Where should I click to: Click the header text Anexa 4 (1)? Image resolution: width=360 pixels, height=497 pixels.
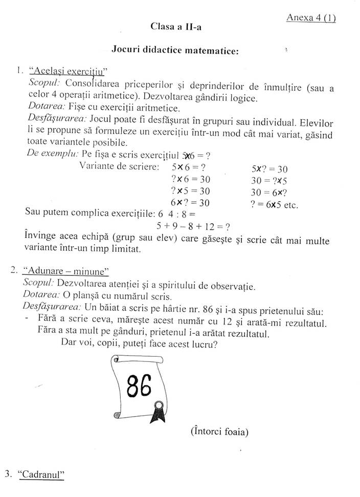tap(311, 17)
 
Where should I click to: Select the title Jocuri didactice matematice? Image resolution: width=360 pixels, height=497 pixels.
tap(175, 50)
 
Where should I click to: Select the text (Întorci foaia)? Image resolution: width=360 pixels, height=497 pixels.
tap(219, 431)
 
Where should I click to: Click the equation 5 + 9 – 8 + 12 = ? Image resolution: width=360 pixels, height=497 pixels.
tap(192, 226)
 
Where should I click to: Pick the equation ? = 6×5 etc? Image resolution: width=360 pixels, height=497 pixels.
tap(275, 203)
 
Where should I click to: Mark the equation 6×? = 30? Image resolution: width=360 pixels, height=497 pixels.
tap(191, 203)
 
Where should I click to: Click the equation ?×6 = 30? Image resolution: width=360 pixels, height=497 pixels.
tap(191, 179)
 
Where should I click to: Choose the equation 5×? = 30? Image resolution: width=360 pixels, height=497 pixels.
tap(269, 168)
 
